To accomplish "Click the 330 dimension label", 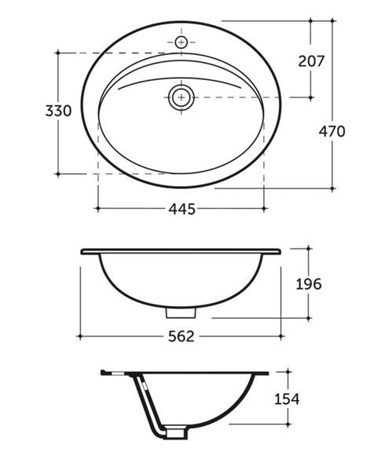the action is click(58, 111).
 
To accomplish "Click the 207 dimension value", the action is click(311, 61).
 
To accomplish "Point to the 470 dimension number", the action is click(332, 131).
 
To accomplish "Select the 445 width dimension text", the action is click(181, 209).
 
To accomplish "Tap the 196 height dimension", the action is click(309, 284).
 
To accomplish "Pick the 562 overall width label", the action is click(181, 337).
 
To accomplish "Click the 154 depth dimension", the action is click(287, 399).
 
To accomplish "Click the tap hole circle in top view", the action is click(181, 42).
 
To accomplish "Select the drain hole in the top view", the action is click(181, 97).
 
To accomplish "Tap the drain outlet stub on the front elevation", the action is click(181, 312).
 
